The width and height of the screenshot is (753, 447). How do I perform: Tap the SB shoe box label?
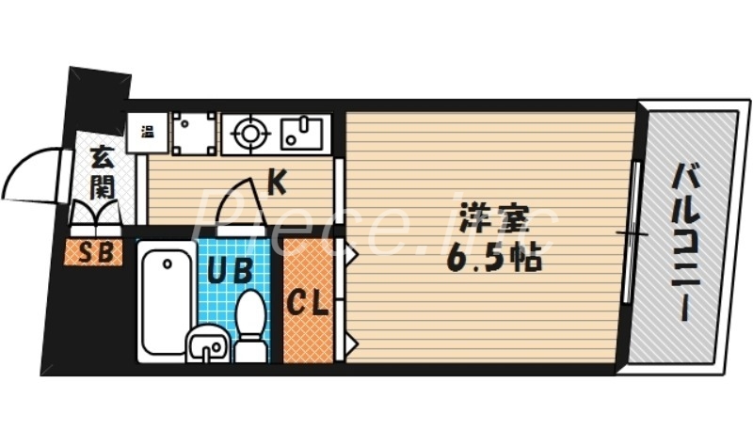[94, 251]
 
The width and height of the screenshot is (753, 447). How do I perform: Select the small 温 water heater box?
[148, 131]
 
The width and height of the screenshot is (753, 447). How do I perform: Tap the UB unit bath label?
[229, 271]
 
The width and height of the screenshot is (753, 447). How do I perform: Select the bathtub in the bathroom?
[167, 299]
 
